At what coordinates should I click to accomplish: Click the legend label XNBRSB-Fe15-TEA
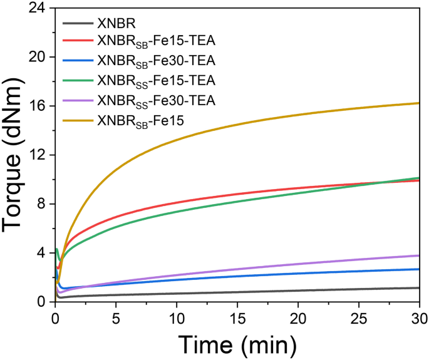(x=156, y=43)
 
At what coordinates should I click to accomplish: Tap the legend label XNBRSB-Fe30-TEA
(x=156, y=61)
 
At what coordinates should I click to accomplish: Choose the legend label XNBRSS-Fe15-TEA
(x=156, y=80)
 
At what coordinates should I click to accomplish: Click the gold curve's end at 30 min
(x=418, y=103)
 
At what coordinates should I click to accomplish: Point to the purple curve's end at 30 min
(x=418, y=255)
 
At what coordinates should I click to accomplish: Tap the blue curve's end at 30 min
(x=418, y=269)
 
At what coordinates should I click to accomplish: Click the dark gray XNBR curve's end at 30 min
(x=418, y=288)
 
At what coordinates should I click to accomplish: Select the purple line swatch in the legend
(x=78, y=99)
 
